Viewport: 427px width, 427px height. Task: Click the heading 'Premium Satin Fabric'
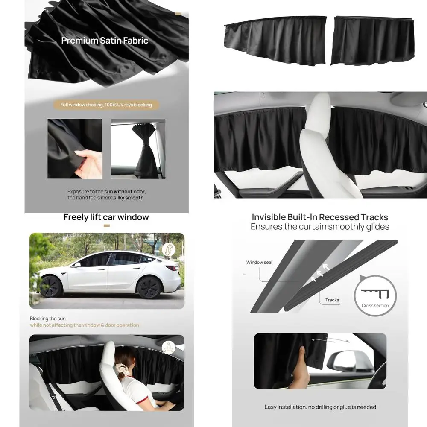tap(105, 41)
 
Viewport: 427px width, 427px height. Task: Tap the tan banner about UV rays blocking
tap(106, 105)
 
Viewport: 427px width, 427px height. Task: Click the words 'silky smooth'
tap(129, 198)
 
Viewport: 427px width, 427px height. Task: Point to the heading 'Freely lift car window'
tap(106, 217)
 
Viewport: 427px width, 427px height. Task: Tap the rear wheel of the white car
tap(149, 287)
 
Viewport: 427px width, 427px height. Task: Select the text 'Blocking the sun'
tap(48, 319)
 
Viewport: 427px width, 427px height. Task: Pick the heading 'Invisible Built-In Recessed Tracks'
tap(320, 217)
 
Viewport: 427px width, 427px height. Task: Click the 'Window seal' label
tap(259, 262)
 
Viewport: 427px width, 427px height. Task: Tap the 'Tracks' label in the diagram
tap(332, 300)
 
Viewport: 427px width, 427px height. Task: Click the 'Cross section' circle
tap(375, 295)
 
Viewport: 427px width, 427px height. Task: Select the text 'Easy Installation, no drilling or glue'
tap(320, 407)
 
